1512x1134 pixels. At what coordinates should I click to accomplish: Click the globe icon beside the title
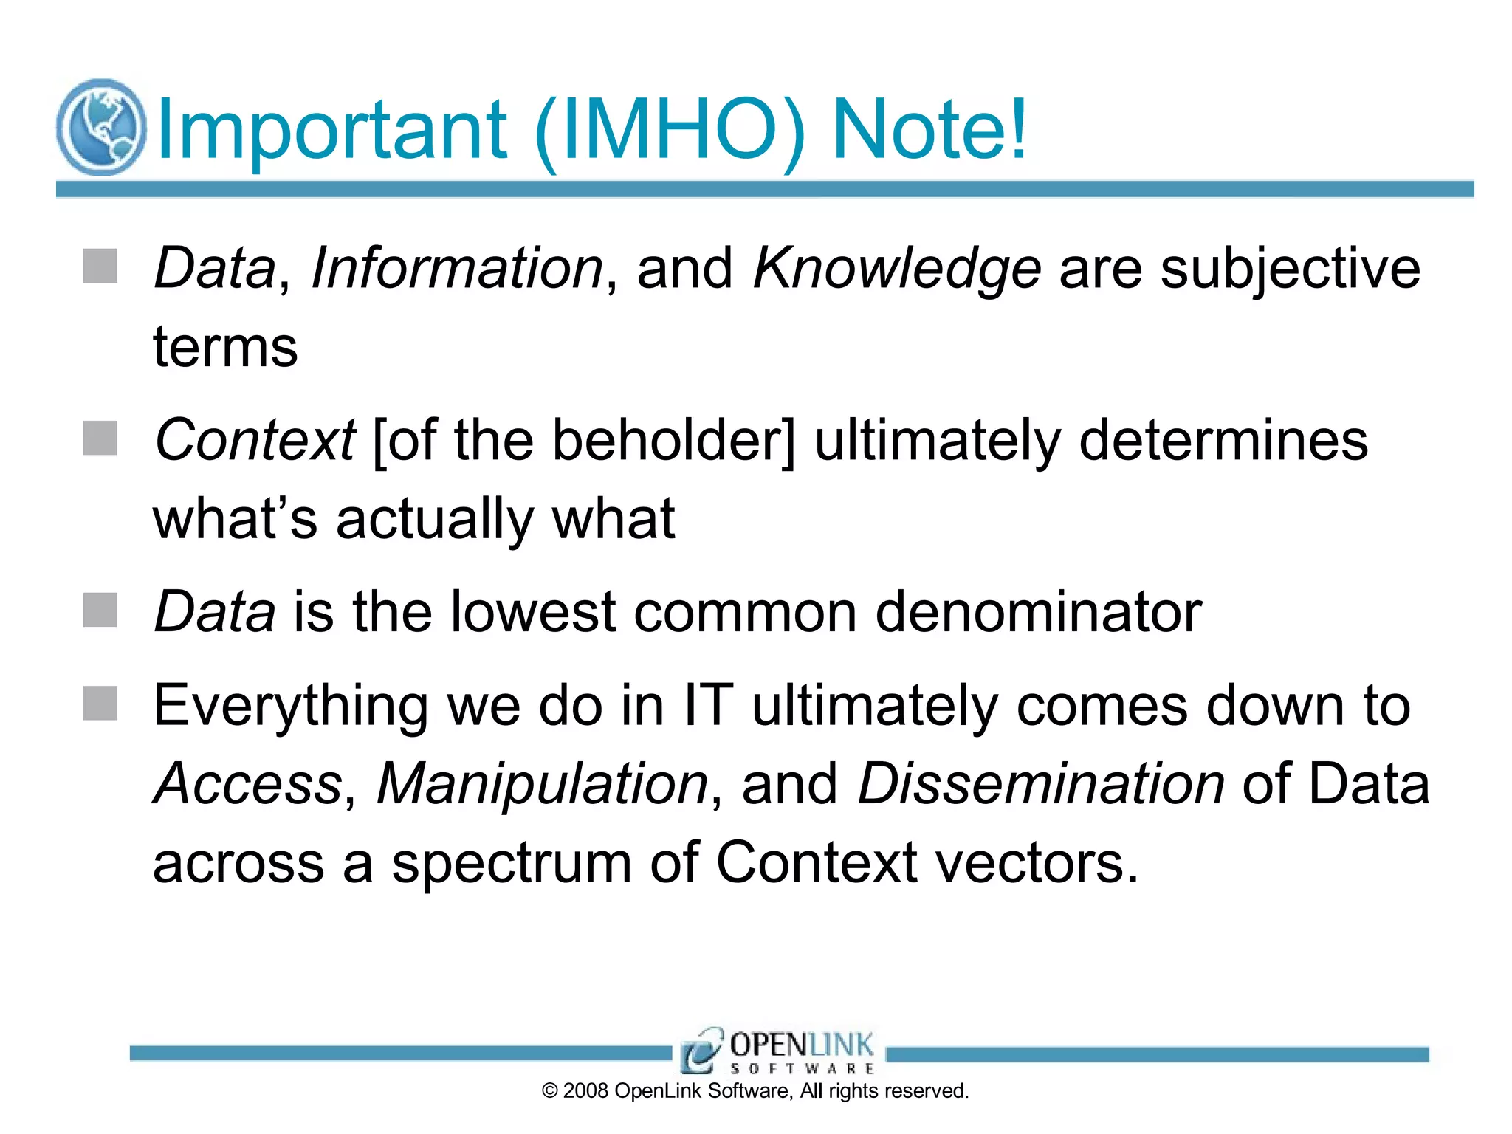[x=101, y=127]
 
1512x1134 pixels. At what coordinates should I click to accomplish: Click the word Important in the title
[x=331, y=131]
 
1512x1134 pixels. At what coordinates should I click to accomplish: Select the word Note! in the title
[x=929, y=131]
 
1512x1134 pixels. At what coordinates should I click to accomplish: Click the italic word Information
[x=457, y=268]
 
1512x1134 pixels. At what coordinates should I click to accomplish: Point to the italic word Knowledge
[x=896, y=269]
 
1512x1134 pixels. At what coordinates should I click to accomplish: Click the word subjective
[x=1290, y=269]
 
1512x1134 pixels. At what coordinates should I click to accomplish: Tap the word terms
[x=225, y=347]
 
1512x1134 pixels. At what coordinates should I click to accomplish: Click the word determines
[x=1223, y=441]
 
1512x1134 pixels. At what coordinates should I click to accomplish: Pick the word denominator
[x=1038, y=612]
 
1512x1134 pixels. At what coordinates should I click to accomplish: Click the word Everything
[x=290, y=707]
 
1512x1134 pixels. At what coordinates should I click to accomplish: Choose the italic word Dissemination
[x=1040, y=784]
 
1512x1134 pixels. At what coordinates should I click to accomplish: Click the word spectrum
[x=511, y=863]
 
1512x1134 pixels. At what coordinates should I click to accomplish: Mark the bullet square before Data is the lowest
[x=100, y=611]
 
